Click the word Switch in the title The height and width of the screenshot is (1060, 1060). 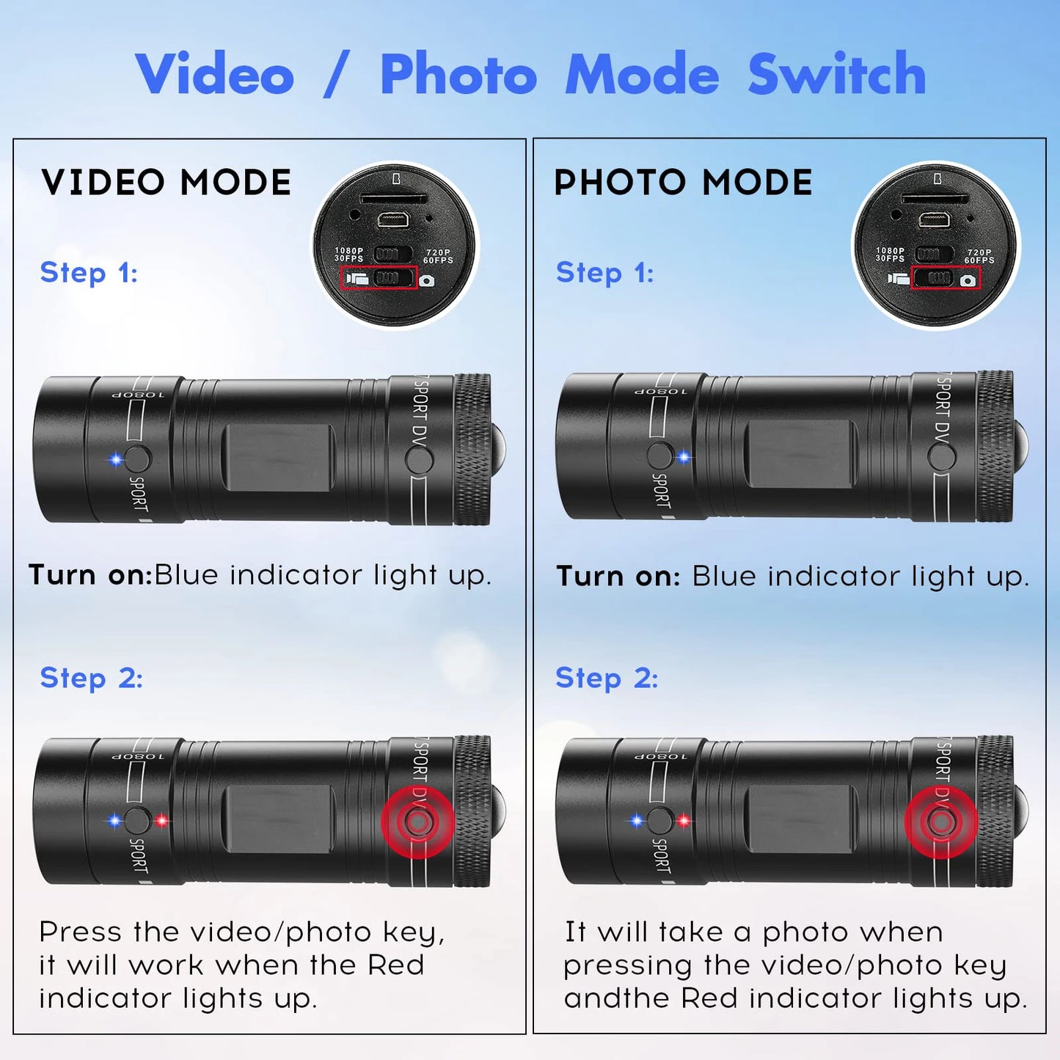tap(836, 74)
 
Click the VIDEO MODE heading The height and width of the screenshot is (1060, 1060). tap(166, 182)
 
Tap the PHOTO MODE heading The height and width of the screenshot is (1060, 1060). tap(683, 182)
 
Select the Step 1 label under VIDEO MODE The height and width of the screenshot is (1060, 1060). tap(89, 273)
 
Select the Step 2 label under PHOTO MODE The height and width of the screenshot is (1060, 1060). tap(607, 678)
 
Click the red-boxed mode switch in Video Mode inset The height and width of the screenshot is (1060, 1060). tap(379, 279)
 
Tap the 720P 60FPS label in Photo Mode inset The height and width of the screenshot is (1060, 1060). tap(979, 256)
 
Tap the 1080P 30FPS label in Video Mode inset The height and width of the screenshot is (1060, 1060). tap(349, 255)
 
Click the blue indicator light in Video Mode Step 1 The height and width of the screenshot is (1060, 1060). tap(115, 460)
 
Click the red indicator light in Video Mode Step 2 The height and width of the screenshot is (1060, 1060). tap(161, 821)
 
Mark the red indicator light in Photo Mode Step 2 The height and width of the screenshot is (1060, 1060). tap(684, 821)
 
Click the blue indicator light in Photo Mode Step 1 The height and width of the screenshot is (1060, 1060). tap(684, 458)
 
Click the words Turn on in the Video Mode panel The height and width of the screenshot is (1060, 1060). tap(89, 575)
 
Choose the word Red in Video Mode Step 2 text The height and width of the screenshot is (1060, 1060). tap(395, 965)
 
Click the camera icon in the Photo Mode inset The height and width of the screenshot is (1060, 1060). tap(968, 280)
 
